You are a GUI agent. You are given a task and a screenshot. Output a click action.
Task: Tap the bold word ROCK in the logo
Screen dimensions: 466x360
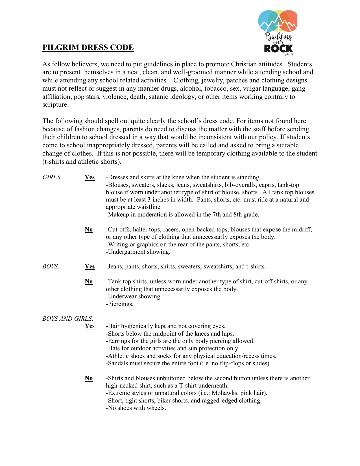click(x=278, y=49)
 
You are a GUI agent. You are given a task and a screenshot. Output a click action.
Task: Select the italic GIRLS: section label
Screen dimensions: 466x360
click(x=52, y=177)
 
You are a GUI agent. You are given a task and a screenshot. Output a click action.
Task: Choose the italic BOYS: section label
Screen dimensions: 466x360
click(x=51, y=266)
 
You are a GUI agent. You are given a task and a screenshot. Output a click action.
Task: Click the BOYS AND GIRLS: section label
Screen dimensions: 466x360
click(x=68, y=319)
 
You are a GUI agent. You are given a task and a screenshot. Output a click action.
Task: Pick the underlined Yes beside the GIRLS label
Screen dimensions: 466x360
click(x=90, y=177)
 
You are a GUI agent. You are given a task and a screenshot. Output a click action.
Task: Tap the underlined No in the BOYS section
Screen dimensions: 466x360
click(x=89, y=281)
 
